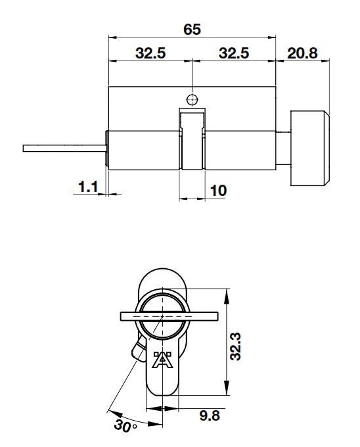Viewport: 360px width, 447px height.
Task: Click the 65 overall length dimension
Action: coord(191,30)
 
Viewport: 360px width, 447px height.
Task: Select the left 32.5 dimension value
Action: coord(150,54)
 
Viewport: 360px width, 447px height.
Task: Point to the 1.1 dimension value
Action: coord(87,188)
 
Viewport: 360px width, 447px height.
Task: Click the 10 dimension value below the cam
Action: coord(218,191)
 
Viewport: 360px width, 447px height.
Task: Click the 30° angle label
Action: coord(122,425)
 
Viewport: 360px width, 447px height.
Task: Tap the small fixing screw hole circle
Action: coord(191,100)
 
